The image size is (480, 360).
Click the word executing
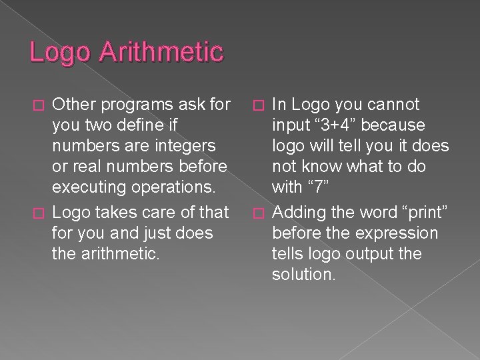[x=89, y=187]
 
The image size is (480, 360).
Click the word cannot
[x=393, y=105]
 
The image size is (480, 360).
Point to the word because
[x=398, y=125]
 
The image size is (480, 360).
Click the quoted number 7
[x=321, y=187]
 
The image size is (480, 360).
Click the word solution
[x=303, y=275]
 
